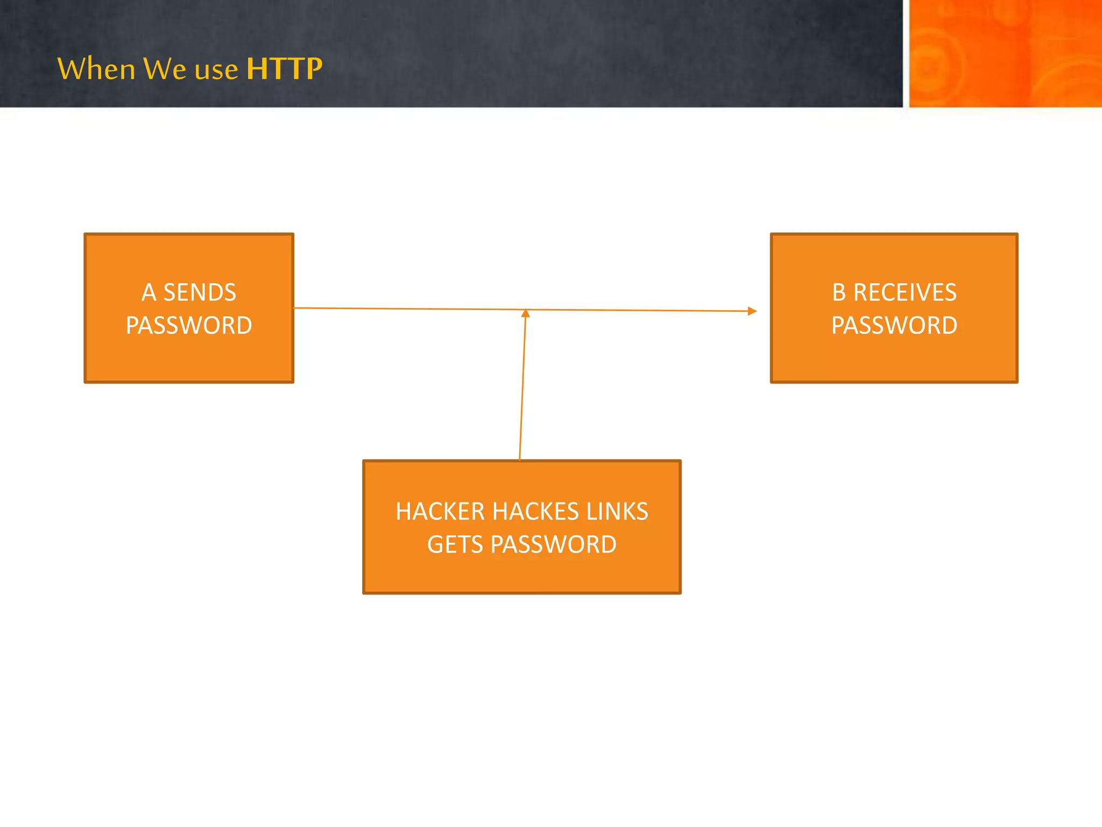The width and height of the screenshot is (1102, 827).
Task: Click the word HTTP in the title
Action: [284, 69]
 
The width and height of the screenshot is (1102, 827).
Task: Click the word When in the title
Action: [96, 69]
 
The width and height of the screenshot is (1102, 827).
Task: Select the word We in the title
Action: [165, 69]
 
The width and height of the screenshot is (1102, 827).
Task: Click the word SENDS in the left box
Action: [200, 292]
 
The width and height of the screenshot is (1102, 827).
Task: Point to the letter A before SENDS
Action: [149, 292]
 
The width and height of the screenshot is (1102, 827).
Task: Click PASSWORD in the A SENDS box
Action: [189, 325]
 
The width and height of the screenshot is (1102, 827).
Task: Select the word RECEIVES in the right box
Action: [905, 292]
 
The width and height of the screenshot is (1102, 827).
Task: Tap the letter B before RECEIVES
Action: [839, 292]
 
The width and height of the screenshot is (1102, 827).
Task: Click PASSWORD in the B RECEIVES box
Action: [894, 325]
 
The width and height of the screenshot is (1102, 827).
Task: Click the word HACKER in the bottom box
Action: [440, 511]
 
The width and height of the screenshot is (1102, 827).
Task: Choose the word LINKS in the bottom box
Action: [617, 511]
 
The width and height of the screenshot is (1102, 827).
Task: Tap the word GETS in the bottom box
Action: [455, 544]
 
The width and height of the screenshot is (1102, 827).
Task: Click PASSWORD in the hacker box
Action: [553, 544]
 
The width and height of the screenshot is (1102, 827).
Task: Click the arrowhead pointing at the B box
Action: [752, 311]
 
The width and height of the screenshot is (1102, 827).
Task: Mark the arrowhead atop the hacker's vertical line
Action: [526, 313]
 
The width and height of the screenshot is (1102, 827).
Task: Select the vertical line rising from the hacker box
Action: [522, 388]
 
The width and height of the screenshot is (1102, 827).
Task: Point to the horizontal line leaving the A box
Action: [409, 309]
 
